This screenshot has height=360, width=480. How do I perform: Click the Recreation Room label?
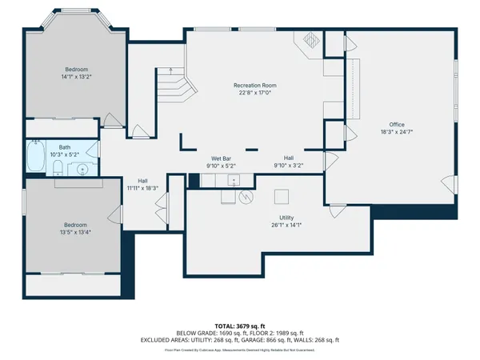(255, 85)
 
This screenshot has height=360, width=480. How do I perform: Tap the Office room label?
(397, 124)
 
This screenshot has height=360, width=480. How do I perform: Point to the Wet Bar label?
(222, 158)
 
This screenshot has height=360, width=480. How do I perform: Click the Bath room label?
(64, 147)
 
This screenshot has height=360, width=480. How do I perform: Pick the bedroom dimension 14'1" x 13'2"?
(76, 78)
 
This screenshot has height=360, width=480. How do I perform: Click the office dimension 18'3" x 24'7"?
(397, 132)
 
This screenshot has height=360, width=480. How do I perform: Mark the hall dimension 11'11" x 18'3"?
(142, 188)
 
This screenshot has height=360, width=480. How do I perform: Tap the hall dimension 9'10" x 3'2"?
(288, 166)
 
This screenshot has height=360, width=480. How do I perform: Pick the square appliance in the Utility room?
(281, 196)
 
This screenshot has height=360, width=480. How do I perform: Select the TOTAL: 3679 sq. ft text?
(240, 326)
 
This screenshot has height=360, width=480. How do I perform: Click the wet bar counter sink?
(234, 178)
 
